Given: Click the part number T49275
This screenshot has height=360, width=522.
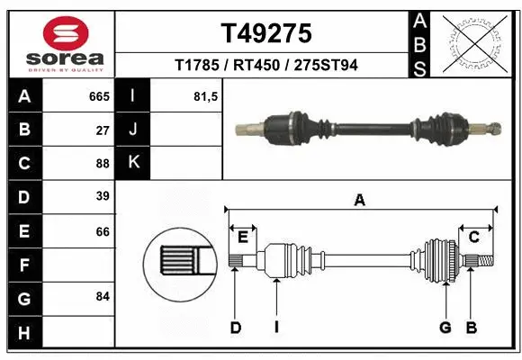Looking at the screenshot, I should [x=266, y=34].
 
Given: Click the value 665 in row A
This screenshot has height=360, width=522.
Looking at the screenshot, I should [x=98, y=95].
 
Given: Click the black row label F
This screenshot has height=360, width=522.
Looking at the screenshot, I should [x=23, y=265].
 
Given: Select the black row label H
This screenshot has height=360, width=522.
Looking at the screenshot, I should [x=23, y=332].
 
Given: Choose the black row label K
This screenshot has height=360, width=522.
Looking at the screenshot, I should [x=133, y=163].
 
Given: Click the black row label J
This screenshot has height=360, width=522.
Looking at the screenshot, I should [x=133, y=130].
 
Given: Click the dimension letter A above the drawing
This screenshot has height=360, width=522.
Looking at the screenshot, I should [x=360, y=202].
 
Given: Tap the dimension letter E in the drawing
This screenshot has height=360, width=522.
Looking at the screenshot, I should [x=242, y=237].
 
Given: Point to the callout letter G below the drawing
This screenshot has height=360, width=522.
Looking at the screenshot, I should [x=445, y=328].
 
